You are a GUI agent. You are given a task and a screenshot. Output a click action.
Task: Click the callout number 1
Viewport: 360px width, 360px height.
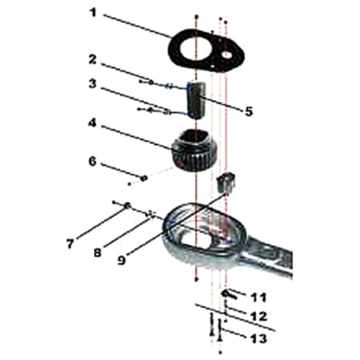click(x=93, y=12)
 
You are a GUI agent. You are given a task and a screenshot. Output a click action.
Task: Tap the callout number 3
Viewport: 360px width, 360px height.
click(x=93, y=84)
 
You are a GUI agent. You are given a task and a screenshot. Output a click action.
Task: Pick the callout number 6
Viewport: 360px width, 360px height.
click(x=93, y=161)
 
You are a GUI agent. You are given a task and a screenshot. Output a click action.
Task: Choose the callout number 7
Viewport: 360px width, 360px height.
click(x=70, y=243)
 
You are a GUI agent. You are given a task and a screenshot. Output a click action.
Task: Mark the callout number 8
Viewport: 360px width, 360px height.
click(x=98, y=253)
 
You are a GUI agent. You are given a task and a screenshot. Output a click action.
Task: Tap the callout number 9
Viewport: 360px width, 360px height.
click(x=121, y=260)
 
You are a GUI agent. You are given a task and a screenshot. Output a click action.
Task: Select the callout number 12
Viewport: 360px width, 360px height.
click(x=259, y=316)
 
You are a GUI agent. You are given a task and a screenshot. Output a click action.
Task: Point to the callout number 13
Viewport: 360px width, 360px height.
click(x=259, y=338)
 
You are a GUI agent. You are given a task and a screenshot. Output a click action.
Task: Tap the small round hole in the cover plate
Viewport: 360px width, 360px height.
click(x=228, y=55)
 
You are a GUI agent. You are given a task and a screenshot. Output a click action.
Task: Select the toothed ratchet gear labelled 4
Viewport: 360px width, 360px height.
click(x=195, y=150)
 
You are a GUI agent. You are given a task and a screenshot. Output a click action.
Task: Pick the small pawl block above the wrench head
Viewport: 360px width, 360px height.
click(x=226, y=182)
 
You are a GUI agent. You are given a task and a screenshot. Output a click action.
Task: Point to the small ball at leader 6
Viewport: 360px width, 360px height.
click(x=144, y=178)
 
